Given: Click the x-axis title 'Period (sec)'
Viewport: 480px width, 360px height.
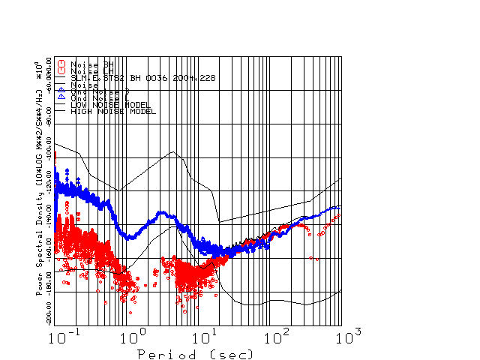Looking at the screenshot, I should (195, 353).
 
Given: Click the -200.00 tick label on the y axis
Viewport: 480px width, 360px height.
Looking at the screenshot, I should (49, 309).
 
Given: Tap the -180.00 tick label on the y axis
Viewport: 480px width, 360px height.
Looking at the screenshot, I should (49, 275).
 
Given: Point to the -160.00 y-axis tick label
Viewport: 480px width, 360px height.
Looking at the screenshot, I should (49, 241).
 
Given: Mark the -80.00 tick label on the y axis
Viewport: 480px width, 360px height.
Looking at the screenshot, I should (49, 109).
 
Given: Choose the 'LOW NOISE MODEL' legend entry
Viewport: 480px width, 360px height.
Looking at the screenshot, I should (110, 105).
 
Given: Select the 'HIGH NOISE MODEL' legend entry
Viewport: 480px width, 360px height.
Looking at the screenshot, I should (112, 111).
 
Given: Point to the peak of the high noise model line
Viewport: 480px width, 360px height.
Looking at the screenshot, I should (174, 152).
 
